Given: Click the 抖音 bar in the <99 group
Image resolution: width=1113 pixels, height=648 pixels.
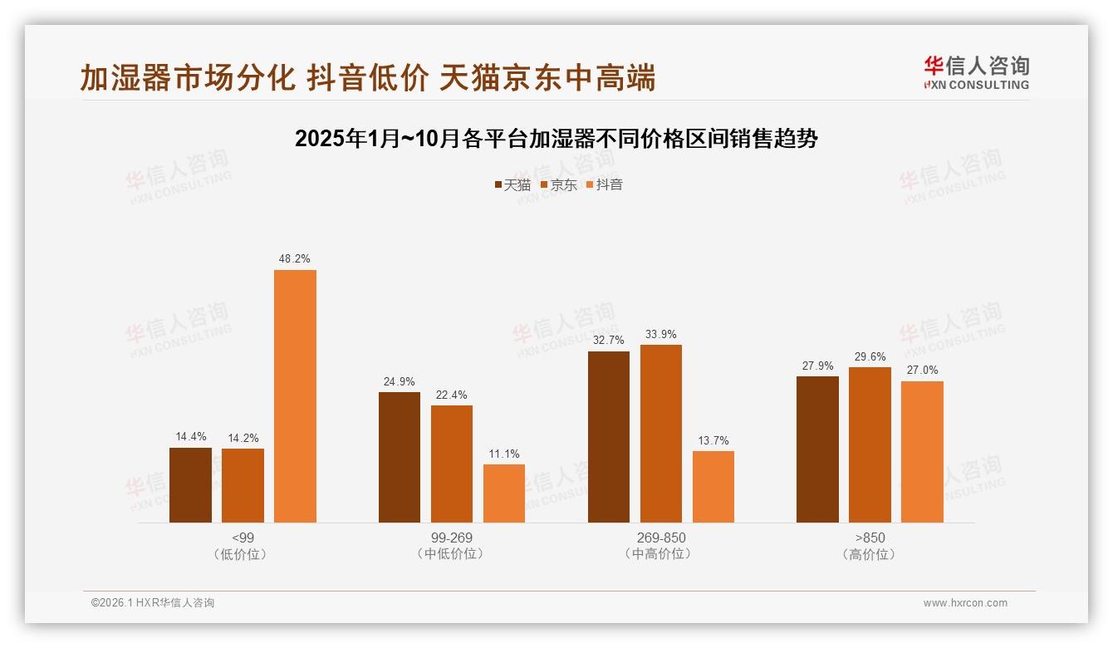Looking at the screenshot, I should point(295,396).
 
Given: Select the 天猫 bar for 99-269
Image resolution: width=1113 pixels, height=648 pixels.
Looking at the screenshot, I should point(400,457).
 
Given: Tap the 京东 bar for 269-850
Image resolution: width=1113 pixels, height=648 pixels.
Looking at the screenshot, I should point(661,434).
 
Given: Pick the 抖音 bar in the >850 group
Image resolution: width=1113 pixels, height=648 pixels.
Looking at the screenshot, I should point(922,452).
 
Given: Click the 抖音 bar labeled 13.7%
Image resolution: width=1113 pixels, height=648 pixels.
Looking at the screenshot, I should point(713,487).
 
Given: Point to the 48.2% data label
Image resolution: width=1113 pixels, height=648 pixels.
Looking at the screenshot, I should point(295,259).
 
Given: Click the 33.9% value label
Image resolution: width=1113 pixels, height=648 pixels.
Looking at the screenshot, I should point(661,335).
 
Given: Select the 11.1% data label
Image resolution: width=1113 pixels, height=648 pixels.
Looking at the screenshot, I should point(504,454).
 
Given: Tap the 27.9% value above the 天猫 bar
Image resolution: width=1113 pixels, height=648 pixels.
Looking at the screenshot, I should point(817,366).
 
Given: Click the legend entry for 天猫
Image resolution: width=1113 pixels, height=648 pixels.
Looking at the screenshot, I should point(512,184).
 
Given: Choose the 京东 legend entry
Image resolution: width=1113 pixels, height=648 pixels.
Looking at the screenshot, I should point(559,184).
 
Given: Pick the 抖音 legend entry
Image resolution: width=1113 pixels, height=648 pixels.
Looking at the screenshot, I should point(605,184).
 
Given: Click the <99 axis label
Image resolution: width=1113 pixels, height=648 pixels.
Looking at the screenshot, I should point(243,538).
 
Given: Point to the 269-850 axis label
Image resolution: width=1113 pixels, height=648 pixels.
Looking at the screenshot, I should point(661,538).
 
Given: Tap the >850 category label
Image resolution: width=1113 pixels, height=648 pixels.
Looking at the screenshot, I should point(870,538).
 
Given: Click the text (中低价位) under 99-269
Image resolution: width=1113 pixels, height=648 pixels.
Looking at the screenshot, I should point(452,554).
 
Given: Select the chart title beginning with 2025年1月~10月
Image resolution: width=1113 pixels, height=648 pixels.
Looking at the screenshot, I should point(556,139).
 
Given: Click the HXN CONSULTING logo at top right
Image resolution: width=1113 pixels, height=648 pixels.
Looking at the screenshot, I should point(977,73).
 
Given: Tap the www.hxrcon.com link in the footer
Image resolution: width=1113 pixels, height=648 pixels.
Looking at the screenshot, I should point(965,603).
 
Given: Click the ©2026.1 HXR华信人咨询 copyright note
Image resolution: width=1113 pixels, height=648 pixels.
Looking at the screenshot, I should point(153,603).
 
